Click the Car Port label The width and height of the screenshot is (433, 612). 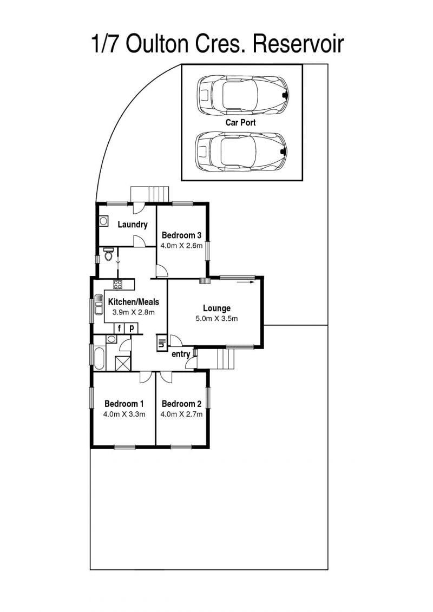(x=240, y=122)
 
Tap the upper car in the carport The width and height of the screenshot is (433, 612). (x=242, y=95)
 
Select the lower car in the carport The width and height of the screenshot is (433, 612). (x=242, y=152)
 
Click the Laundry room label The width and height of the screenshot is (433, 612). (x=133, y=225)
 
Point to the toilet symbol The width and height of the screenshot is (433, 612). (x=108, y=254)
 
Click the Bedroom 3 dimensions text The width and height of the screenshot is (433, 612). (x=181, y=246)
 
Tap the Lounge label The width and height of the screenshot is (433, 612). (x=216, y=309)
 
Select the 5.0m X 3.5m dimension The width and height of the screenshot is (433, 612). (x=216, y=319)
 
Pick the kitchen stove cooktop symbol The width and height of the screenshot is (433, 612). (x=118, y=284)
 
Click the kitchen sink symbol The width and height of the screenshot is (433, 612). (x=98, y=305)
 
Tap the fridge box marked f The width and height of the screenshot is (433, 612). (x=120, y=328)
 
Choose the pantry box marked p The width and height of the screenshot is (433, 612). (x=132, y=328)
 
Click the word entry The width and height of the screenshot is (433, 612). (x=181, y=354)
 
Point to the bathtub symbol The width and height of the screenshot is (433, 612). (x=99, y=358)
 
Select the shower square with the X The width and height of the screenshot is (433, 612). (x=123, y=363)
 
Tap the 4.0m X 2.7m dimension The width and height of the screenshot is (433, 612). (x=181, y=414)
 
